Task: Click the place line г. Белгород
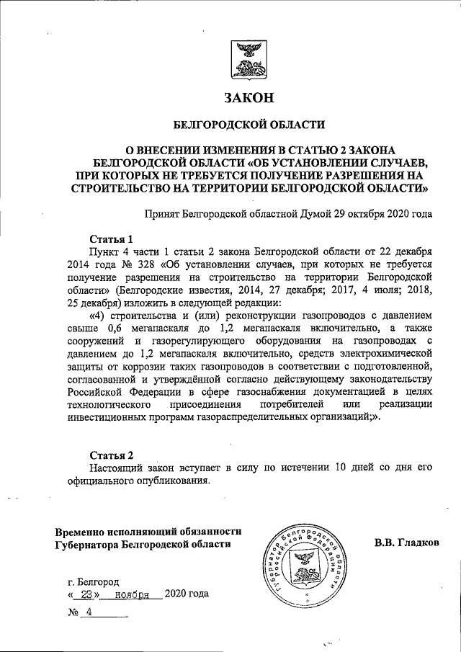tap(94, 581)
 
